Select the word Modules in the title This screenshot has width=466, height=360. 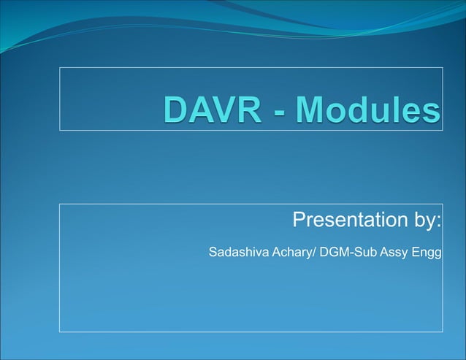pyautogui.click(x=369, y=110)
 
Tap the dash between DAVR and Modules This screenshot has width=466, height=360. pyautogui.click(x=283, y=113)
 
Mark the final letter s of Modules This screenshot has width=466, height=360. pyautogui.click(x=431, y=112)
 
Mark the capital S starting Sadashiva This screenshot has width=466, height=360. pyautogui.click(x=213, y=253)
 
